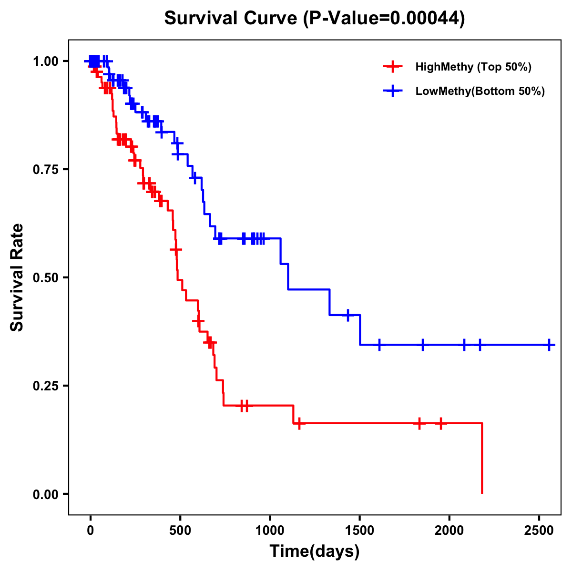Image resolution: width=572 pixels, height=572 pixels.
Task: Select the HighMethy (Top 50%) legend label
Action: [473, 67]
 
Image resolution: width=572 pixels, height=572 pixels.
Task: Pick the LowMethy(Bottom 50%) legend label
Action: [480, 91]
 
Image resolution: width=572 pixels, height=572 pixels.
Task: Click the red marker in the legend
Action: [392, 67]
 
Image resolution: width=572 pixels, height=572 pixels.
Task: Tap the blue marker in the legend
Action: [392, 91]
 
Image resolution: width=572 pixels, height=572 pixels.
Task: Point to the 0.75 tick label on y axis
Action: [45, 169]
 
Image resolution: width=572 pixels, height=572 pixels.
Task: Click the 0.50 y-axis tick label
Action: [45, 277]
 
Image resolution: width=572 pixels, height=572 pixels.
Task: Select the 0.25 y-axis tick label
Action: [45, 386]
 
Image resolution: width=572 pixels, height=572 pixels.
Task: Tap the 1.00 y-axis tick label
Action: [45, 61]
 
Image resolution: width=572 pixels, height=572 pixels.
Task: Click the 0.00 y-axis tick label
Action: [45, 494]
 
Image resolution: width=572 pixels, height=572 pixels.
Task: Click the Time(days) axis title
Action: [315, 551]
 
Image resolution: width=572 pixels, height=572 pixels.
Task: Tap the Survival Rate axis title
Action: [17, 277]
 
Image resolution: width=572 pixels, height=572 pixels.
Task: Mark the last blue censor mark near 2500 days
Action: [549, 345]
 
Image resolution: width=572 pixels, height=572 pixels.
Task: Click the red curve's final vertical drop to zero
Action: [482, 458]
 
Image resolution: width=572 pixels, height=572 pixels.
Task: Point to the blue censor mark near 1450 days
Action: [348, 315]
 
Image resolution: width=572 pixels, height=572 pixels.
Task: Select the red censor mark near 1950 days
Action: [441, 423]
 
